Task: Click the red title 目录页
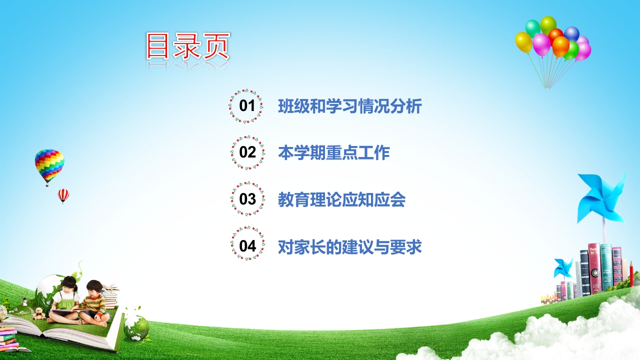188,46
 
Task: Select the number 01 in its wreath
247,105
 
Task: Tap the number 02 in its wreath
247,152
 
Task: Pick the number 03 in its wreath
247,199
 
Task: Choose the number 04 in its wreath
247,245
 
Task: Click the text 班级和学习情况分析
350,106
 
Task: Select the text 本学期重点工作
334,152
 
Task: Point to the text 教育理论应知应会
342,199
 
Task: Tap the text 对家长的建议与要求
350,246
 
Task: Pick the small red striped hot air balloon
63,196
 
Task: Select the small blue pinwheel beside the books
563,267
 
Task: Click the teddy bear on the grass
39,313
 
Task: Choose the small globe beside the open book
136,327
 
